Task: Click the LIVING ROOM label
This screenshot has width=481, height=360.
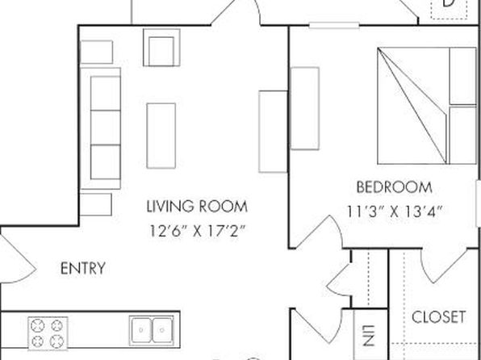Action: point(197,207)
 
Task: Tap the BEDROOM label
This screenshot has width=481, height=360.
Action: point(394,187)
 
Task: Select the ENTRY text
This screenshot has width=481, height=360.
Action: point(83,268)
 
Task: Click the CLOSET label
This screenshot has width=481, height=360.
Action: point(438,317)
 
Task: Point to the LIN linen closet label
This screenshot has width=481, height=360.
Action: point(370,336)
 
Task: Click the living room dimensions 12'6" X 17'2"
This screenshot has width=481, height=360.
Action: point(198,231)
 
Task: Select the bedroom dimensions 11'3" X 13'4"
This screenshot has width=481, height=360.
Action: point(395,211)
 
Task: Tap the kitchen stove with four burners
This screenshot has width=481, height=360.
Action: point(48,333)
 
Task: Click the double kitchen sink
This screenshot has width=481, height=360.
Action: point(152,330)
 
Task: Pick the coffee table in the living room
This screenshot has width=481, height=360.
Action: point(161,136)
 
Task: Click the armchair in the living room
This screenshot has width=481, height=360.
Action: point(161,48)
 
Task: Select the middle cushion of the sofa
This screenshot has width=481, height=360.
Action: point(105,128)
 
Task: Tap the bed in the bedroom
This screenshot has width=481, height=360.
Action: point(427,106)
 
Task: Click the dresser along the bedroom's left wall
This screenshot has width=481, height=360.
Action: point(305,108)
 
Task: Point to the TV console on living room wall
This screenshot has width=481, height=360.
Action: point(273,132)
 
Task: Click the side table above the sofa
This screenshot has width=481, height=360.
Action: point(96,52)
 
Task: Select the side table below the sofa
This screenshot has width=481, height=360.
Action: point(96,204)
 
